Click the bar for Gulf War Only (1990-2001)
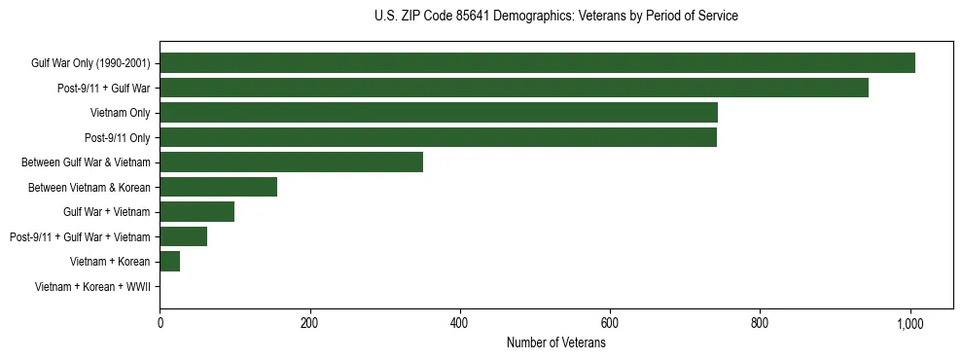(537, 63)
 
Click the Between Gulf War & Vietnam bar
(291, 162)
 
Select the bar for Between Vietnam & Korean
(218, 187)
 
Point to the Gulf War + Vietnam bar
(196, 212)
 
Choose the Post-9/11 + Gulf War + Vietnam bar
(183, 236)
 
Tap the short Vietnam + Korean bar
(169, 262)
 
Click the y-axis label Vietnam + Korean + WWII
(92, 287)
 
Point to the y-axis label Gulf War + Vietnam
(106, 212)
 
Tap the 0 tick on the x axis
(160, 323)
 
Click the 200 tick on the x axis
(309, 323)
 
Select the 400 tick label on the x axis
(460, 323)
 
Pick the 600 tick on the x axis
(610, 323)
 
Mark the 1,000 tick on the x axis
(910, 323)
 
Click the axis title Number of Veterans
(555, 342)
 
